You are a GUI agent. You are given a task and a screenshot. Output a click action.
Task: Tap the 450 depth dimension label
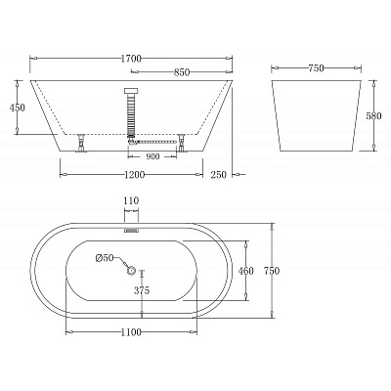tap(17, 109)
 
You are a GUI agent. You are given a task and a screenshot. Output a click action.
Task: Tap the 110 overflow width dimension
tap(131, 201)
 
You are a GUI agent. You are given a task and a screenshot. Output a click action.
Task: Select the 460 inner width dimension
tap(246, 271)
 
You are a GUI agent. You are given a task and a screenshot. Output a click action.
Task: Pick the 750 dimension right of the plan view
tap(283, 271)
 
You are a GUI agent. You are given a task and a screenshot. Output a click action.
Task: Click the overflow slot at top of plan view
tap(131, 231)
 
